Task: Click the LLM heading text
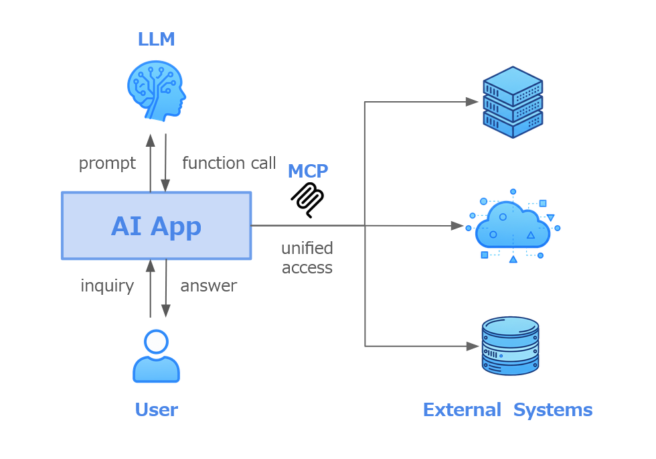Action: (156, 40)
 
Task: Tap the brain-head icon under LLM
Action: (156, 90)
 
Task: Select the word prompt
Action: (107, 163)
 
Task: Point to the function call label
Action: (229, 163)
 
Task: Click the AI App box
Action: (156, 226)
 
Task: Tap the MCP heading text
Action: (307, 172)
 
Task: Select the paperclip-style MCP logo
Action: (307, 200)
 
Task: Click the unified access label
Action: (307, 258)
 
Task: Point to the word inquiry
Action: (107, 286)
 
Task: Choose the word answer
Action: (209, 286)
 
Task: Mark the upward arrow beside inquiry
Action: (151, 288)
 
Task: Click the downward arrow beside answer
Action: (166, 288)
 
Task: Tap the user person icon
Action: (156, 356)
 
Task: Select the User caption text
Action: (156, 410)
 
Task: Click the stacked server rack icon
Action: (513, 102)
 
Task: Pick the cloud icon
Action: (513, 226)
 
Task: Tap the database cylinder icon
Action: (510, 346)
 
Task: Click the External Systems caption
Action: (507, 410)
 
